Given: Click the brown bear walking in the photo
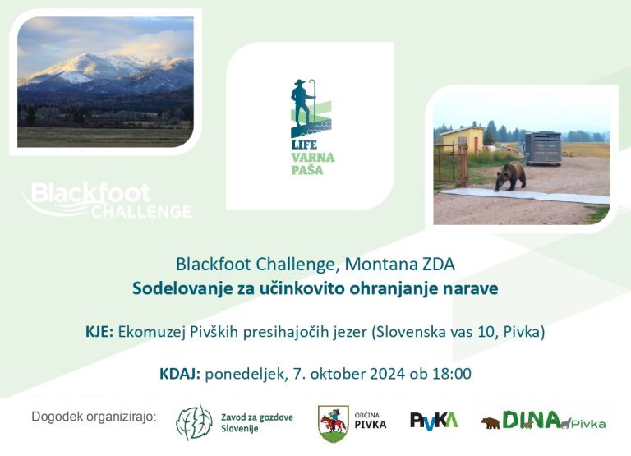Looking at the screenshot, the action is [510, 176].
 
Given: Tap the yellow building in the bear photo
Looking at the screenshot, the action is [463, 140].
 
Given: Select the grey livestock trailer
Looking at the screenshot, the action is [543, 148].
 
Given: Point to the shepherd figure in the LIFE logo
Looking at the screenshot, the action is [302, 102].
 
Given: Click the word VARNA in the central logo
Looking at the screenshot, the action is [313, 157].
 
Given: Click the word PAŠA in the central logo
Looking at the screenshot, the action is [307, 169].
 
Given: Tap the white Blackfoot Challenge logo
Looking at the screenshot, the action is [108, 200].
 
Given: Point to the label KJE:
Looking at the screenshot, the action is [99, 332].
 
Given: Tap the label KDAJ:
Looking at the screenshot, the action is [180, 374].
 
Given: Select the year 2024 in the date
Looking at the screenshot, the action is [387, 374].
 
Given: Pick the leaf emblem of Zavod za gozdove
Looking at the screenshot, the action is [195, 422].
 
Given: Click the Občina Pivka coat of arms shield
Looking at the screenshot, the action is [334, 424].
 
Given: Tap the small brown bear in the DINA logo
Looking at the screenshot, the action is [491, 423].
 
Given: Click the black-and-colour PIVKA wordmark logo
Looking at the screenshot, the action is [434, 420].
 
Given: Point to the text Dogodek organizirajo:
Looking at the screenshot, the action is [94, 417].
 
